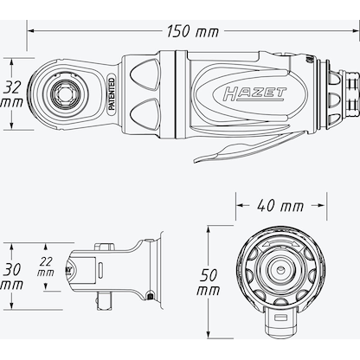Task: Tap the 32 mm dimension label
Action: [x=11, y=95]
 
